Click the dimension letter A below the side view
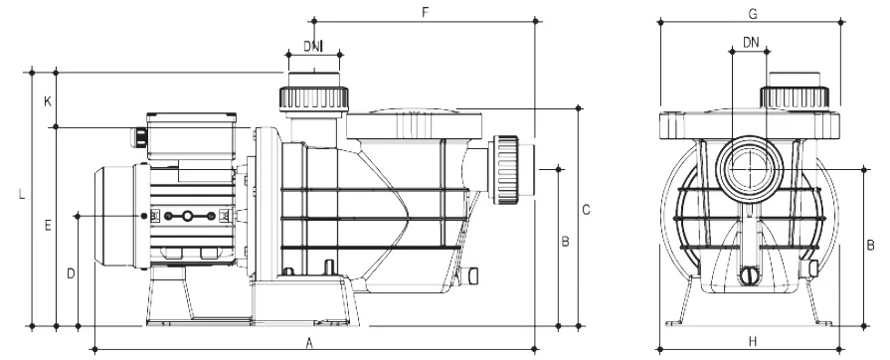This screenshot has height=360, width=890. pos(309,342)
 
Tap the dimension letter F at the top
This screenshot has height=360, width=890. pos(426,13)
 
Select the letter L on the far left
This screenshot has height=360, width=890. pos(22,194)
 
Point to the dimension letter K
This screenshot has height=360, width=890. pos(49,101)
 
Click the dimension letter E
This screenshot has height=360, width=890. pos(49,226)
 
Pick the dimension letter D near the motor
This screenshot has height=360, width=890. pos(71,274)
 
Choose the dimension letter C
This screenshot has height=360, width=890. pos(587,210)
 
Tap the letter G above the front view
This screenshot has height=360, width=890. pos(753,14)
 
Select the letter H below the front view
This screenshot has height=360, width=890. pos(753,341)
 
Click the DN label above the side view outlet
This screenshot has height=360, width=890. pos(312,46)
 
